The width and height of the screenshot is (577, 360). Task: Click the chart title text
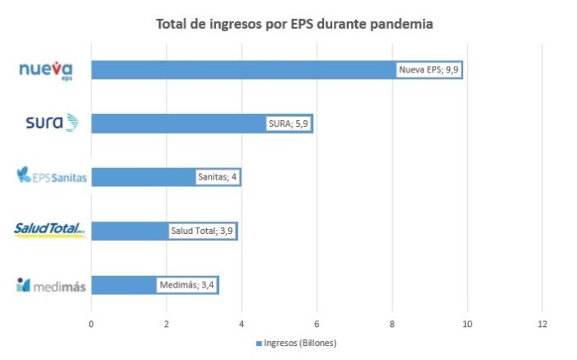click(x=294, y=24)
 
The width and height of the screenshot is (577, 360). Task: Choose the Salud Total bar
click(x=128, y=231)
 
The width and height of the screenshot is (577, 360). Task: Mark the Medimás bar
click(x=124, y=285)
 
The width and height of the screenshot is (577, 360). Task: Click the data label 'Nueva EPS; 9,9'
click(x=429, y=70)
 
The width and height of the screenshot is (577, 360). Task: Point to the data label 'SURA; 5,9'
click(x=288, y=124)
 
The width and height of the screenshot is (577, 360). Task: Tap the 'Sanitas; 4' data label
click(x=218, y=176)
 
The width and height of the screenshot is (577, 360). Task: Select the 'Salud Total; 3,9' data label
click(x=201, y=231)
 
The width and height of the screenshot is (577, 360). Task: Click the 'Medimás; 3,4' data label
click(x=187, y=285)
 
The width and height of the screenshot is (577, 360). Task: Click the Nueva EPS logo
click(x=46, y=71)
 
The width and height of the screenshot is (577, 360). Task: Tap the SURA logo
click(x=52, y=123)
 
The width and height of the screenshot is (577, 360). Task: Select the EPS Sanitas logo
click(x=51, y=176)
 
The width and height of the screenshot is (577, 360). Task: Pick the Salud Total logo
click(x=49, y=230)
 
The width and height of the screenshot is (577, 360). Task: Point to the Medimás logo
click(x=51, y=286)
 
